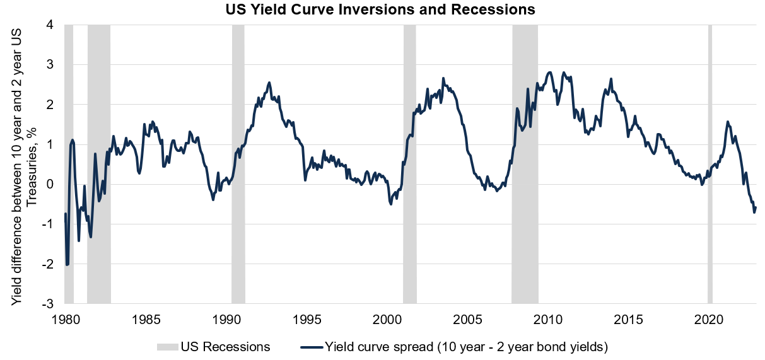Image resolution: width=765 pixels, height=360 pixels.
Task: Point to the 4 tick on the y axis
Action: (50, 25)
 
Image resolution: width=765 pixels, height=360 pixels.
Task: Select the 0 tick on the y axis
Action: (50, 184)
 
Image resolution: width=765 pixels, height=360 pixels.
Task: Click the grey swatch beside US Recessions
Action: (166, 347)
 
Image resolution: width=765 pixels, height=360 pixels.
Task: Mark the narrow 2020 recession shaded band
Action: (710, 164)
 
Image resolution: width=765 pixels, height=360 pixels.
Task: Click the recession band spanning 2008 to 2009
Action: (525, 164)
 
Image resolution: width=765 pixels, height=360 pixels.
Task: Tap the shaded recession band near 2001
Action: (410, 164)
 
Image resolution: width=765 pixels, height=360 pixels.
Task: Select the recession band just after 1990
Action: (238, 164)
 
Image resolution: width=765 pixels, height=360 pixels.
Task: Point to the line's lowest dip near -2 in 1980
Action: (67, 265)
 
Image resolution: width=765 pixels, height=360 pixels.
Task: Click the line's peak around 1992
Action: (269, 82)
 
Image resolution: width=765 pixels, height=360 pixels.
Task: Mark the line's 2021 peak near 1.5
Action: (728, 122)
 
